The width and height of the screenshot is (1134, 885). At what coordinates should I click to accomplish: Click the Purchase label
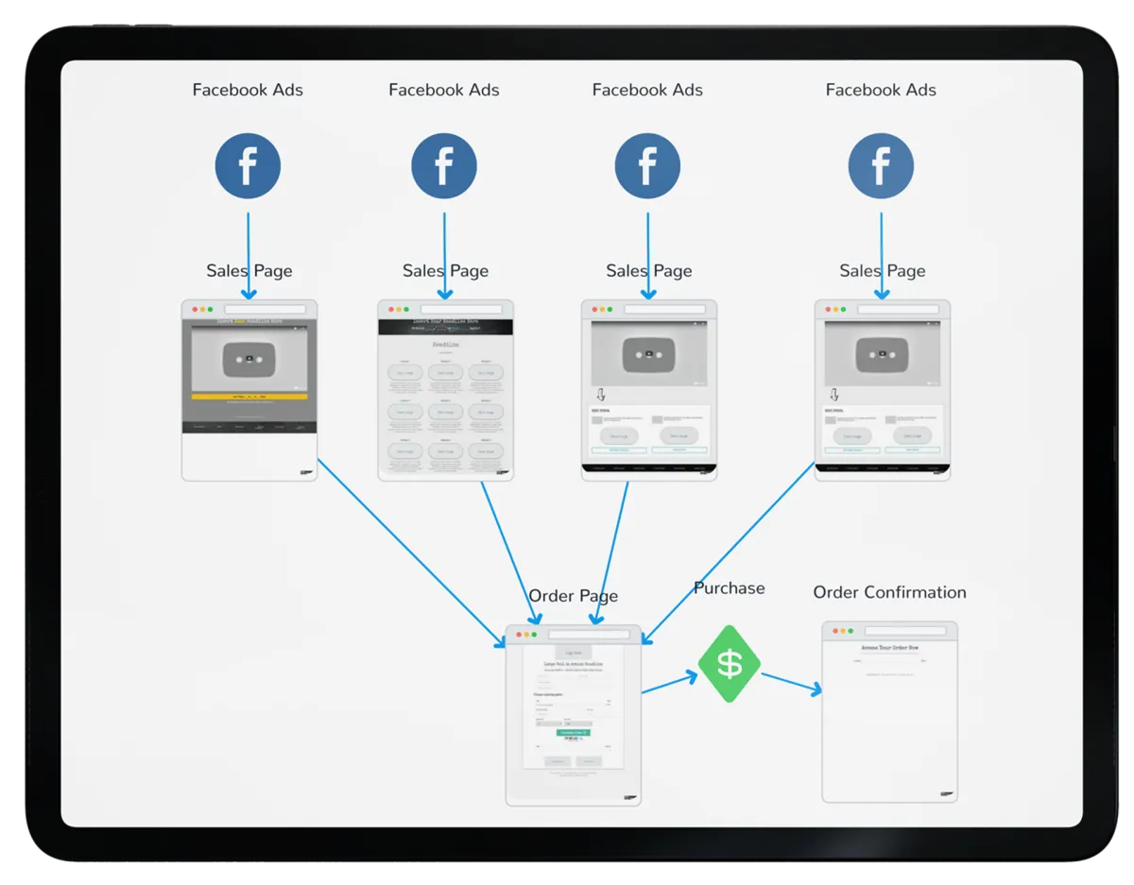pos(729,588)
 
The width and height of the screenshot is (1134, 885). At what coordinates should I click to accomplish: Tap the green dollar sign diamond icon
pos(730,664)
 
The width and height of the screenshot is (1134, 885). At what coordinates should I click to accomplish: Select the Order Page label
pos(573,596)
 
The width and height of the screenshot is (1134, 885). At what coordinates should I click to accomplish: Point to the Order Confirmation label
pos(889,592)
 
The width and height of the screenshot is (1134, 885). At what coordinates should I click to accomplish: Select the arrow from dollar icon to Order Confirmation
pos(791,683)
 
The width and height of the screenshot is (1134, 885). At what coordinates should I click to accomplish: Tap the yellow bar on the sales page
pos(249,397)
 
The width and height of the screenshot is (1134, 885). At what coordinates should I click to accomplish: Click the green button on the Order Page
pos(573,732)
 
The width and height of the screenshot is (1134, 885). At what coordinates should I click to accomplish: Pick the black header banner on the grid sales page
pos(445,326)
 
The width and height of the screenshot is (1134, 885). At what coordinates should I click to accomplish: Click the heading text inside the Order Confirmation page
pos(889,649)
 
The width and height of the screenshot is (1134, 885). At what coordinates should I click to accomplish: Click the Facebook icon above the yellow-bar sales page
pos(248,166)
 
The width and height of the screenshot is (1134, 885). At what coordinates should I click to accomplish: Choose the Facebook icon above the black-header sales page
pos(443,166)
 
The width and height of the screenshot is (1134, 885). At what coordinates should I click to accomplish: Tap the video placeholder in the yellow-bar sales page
pos(249,358)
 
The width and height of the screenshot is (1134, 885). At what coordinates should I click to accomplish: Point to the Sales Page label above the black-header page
pos(445,271)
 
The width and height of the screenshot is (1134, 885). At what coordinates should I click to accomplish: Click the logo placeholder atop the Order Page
pos(573,652)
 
